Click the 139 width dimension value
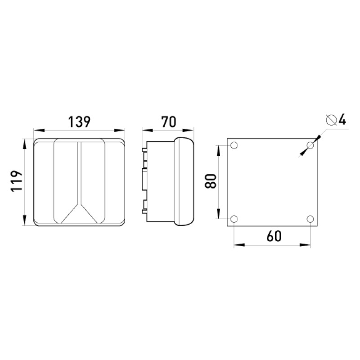pos(80,122)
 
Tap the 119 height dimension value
pos(17,181)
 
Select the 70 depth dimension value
pos(168,122)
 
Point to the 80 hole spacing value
pos(211,181)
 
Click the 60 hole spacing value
pos(274,236)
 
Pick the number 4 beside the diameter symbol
pos(342,120)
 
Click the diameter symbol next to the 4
pos(331,120)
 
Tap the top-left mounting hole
pos(234,145)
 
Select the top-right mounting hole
pos(310,145)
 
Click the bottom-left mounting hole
pos(234,219)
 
